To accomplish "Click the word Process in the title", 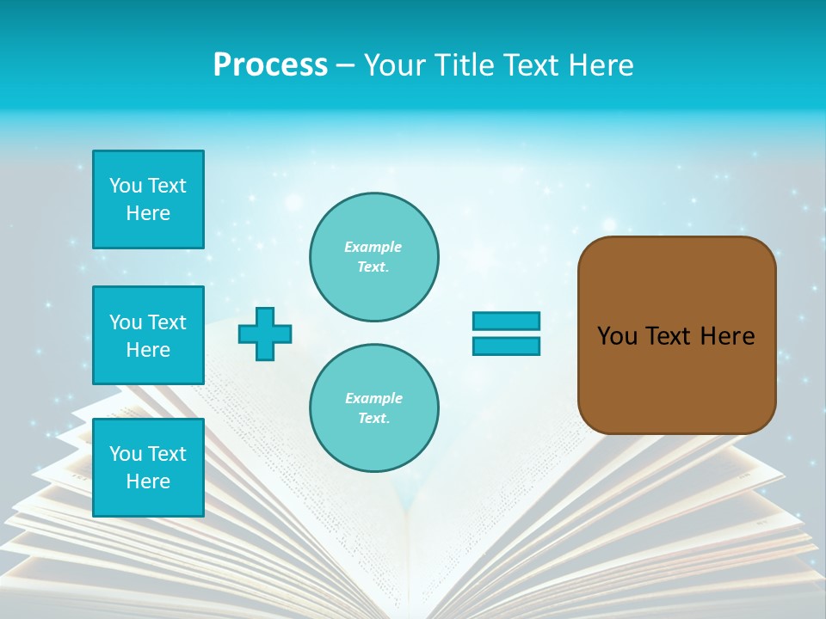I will (270, 65).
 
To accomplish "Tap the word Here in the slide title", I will (602, 65).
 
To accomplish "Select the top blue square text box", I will (148, 199).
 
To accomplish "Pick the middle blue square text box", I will (148, 335).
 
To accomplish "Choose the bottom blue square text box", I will (148, 468).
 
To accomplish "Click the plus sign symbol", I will (265, 334).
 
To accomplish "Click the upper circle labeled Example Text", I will (374, 257).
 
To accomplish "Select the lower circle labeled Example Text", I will (374, 408).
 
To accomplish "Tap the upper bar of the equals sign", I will (506, 321).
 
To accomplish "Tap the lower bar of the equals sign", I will (506, 346).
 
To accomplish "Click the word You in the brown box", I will (617, 336).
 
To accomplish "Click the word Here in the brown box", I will (727, 336).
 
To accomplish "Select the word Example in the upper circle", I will (373, 247).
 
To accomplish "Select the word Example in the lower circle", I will (373, 398).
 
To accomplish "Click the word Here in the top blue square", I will (148, 213).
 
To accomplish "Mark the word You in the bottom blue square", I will (126, 454).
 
